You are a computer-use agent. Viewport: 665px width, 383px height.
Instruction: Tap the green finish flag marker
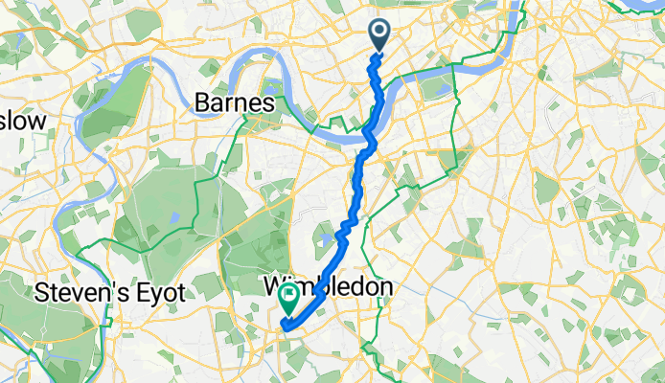tap(287, 302)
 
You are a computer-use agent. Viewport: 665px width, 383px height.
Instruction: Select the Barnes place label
tap(235, 101)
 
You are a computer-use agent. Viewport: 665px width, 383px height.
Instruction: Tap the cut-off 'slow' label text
tap(21, 122)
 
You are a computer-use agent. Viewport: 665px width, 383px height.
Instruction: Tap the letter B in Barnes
tap(202, 101)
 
